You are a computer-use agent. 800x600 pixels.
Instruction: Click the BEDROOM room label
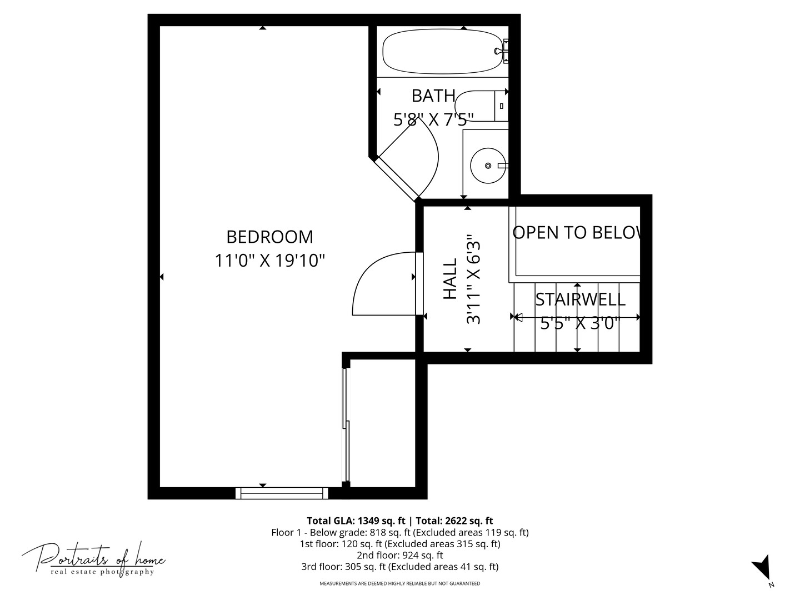pos(269,237)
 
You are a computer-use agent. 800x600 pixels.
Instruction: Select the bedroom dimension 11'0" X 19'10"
pos(269,260)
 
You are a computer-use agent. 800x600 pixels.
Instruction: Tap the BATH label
pos(433,96)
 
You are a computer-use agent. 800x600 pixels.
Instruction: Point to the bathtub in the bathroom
pos(442,51)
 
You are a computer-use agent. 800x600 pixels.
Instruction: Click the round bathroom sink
pos(488,166)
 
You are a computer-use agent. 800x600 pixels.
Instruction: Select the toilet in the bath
pos(478,105)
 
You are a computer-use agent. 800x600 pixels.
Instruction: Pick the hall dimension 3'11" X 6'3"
pos(473,279)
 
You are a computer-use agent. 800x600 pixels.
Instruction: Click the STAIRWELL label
pos(580,299)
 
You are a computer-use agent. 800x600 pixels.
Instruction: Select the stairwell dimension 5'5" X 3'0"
pos(579,323)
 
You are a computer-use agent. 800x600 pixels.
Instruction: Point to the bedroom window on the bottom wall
pos(282,493)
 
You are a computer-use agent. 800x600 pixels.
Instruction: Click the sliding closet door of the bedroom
pos(346,425)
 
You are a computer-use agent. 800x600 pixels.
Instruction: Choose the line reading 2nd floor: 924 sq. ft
pos(399,555)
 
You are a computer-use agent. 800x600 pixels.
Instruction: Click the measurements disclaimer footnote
pos(399,584)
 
